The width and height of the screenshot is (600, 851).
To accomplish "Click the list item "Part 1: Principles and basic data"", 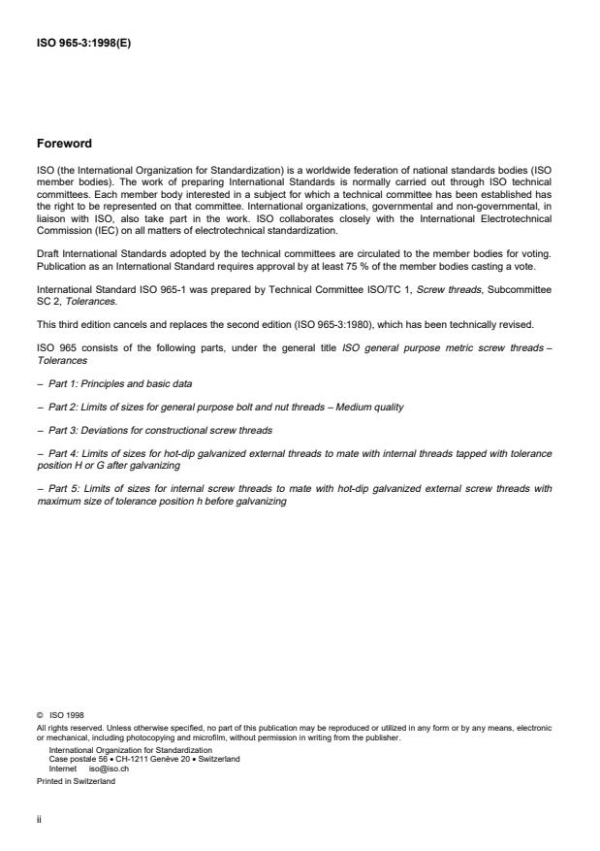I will tap(113, 384).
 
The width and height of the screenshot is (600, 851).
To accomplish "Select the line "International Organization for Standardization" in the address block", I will tap(130, 749).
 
